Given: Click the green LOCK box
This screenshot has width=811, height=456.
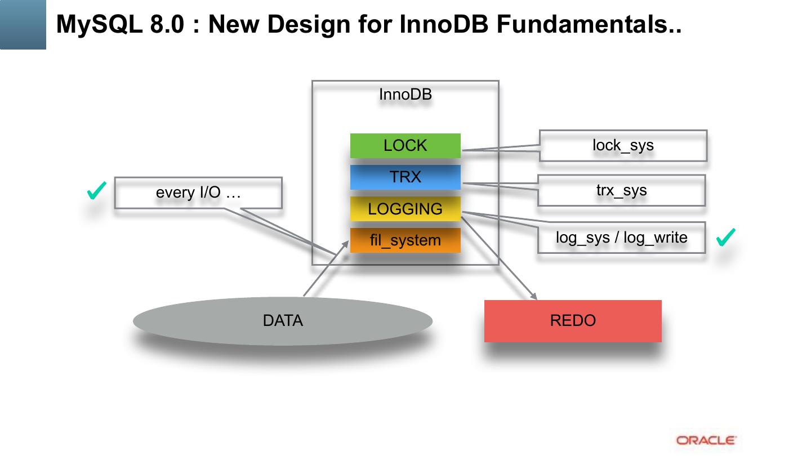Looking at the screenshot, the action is pyautogui.click(x=405, y=145).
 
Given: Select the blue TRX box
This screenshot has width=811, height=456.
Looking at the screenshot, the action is pyautogui.click(x=405, y=177).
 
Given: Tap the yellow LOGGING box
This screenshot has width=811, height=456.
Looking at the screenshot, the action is pyautogui.click(x=405, y=209).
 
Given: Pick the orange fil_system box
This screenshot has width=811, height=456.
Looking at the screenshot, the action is pyautogui.click(x=405, y=240).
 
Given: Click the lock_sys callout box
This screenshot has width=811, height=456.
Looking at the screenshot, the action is pyautogui.click(x=623, y=145).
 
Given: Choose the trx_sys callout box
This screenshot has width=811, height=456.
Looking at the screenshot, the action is pyautogui.click(x=622, y=191).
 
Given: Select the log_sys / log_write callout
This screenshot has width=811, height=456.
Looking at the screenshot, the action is pyautogui.click(x=622, y=238).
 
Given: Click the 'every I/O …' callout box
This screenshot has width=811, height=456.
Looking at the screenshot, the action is pyautogui.click(x=198, y=193).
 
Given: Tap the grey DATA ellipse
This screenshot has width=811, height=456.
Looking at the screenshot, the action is pyautogui.click(x=283, y=321).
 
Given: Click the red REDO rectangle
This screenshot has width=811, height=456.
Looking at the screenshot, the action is pyautogui.click(x=573, y=321).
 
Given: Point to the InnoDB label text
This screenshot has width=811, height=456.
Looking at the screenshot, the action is pyautogui.click(x=405, y=95).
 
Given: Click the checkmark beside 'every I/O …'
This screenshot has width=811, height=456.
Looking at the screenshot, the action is pyautogui.click(x=96, y=191).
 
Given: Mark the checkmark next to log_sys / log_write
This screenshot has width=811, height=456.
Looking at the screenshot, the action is pyautogui.click(x=725, y=238).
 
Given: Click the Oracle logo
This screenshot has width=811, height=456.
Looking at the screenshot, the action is pyautogui.click(x=706, y=440).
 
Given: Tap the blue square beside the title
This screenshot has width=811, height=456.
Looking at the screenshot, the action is pyautogui.click(x=23, y=25).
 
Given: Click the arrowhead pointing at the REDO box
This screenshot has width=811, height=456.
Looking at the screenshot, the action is pyautogui.click(x=534, y=296).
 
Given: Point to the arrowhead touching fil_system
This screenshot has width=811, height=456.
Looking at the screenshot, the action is pyautogui.click(x=345, y=244).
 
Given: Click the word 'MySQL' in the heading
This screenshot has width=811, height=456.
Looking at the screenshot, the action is pyautogui.click(x=99, y=25).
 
